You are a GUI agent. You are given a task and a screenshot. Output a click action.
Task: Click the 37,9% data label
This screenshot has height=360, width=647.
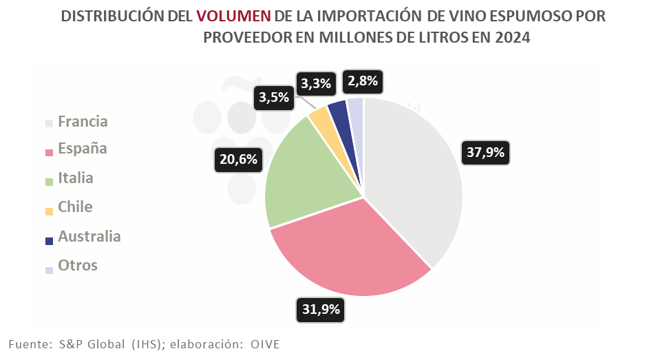pos(485,152)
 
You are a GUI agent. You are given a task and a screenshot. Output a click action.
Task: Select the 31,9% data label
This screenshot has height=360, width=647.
pos(321,309)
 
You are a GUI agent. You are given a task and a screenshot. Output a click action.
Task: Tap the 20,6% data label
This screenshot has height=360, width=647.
pos(238,159)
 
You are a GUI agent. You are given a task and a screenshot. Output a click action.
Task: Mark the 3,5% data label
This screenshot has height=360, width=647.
pos(273,97)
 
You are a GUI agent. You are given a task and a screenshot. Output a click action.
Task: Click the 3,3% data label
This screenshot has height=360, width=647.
pos(317,84)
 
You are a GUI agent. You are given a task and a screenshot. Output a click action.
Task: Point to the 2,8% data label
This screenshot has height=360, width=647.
pos(363,81)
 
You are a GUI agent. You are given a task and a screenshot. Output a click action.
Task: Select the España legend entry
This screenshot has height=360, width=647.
pos(82,149)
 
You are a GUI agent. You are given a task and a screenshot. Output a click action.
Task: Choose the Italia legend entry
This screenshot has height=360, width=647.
pos(75,178)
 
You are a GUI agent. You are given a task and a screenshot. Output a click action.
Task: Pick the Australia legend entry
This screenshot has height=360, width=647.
pos(89,237)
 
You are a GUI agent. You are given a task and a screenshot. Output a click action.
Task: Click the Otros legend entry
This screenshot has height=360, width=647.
pos(77,266)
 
